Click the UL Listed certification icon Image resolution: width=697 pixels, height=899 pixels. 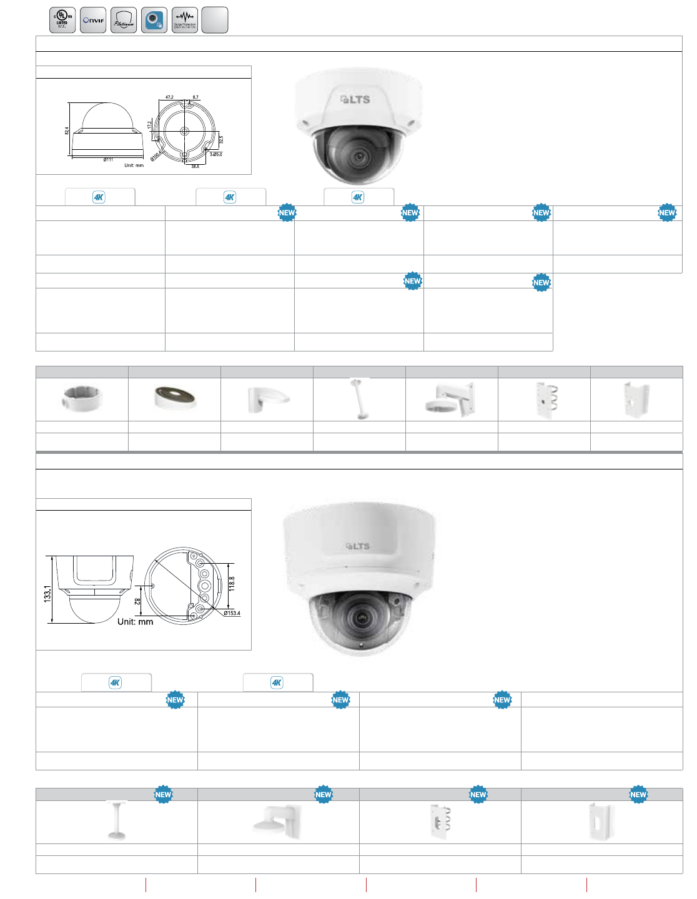click(x=62, y=20)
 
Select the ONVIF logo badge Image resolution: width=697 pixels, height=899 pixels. click(x=93, y=20)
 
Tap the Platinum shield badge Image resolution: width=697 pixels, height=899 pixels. click(x=124, y=20)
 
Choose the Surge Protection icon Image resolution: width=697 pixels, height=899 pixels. click(x=185, y=20)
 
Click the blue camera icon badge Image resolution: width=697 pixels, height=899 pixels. click(x=154, y=20)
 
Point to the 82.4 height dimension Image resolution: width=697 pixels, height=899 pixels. click(x=67, y=131)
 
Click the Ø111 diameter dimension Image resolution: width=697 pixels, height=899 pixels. click(x=108, y=160)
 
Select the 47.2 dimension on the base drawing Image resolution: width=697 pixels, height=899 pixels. click(x=169, y=97)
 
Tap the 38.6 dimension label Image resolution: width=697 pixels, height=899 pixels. click(x=195, y=166)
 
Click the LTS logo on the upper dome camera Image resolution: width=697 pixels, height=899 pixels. click(x=355, y=99)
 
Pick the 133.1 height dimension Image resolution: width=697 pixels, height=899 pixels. click(x=47, y=593)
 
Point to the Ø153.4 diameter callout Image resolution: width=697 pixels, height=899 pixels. click(x=232, y=613)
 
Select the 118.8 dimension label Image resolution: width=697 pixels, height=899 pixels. click(x=232, y=584)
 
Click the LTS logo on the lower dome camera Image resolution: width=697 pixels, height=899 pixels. click(x=358, y=546)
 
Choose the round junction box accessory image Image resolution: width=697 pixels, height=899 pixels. click(x=82, y=398)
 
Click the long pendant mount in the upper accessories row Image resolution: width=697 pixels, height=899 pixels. click(x=358, y=398)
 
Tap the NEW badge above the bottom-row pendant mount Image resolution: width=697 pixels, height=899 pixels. click(x=163, y=795)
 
